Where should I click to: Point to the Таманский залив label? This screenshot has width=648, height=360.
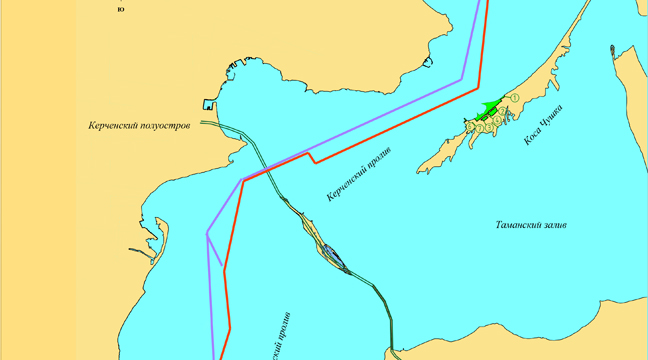click(531, 226)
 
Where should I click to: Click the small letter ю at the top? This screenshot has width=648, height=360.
click(121, 9)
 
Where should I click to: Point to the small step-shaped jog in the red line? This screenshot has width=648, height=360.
click(312, 157)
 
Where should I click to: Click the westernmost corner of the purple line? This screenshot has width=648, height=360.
click(207, 233)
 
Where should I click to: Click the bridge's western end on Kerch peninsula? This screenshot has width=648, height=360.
click(203, 123)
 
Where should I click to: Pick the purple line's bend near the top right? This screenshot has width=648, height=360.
click(462, 77)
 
